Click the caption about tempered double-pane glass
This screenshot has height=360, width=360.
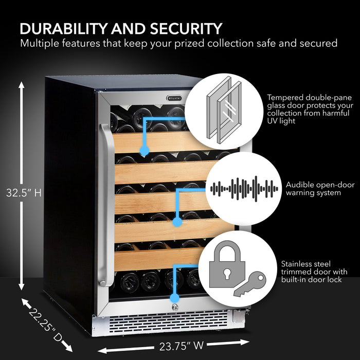[309, 109]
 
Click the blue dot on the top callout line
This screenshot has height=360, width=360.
[145, 151]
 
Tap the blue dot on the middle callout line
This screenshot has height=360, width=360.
[177, 222]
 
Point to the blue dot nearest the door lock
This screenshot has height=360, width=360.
[174, 297]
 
